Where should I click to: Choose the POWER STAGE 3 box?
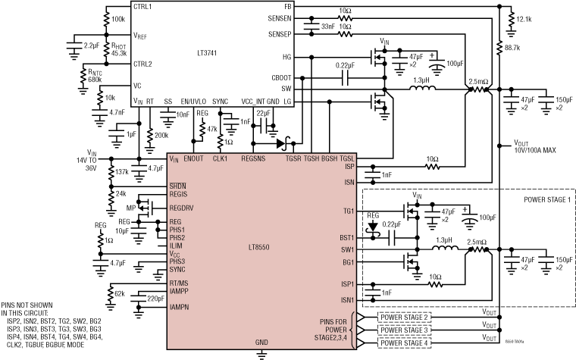pyautogui.click(x=404, y=330)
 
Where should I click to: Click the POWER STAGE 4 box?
pyautogui.click(x=404, y=343)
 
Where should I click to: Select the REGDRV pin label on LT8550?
pyautogui.click(x=180, y=207)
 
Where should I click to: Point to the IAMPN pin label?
pyautogui.click(x=179, y=307)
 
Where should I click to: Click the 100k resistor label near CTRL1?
pyautogui.click(x=119, y=19)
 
